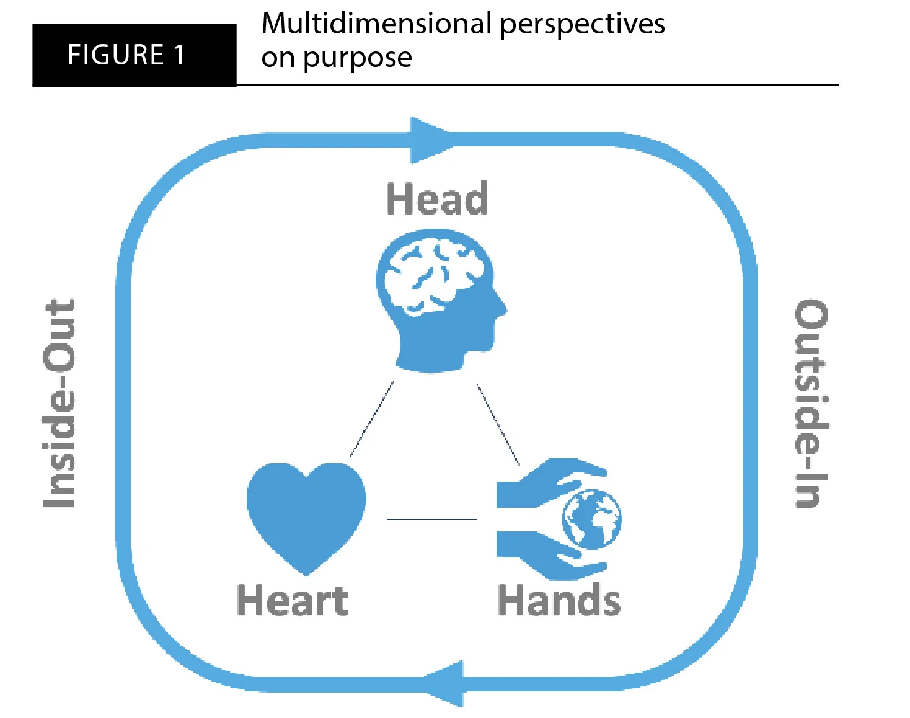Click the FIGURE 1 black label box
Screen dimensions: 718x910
click(x=133, y=55)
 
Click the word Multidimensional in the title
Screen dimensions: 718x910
click(x=376, y=24)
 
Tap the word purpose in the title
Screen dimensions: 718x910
click(x=357, y=58)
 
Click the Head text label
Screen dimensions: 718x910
click(x=436, y=199)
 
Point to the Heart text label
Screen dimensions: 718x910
click(x=292, y=600)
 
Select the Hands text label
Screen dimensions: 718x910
click(x=559, y=600)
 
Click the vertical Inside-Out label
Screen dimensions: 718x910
click(x=60, y=403)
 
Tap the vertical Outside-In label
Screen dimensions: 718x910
click(x=811, y=403)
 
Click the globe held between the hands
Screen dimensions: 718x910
click(x=591, y=519)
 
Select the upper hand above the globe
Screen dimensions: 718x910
click(x=546, y=481)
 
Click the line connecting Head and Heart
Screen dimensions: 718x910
click(x=372, y=419)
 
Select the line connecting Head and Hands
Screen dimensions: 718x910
click(x=498, y=425)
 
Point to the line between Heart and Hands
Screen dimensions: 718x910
click(x=431, y=519)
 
